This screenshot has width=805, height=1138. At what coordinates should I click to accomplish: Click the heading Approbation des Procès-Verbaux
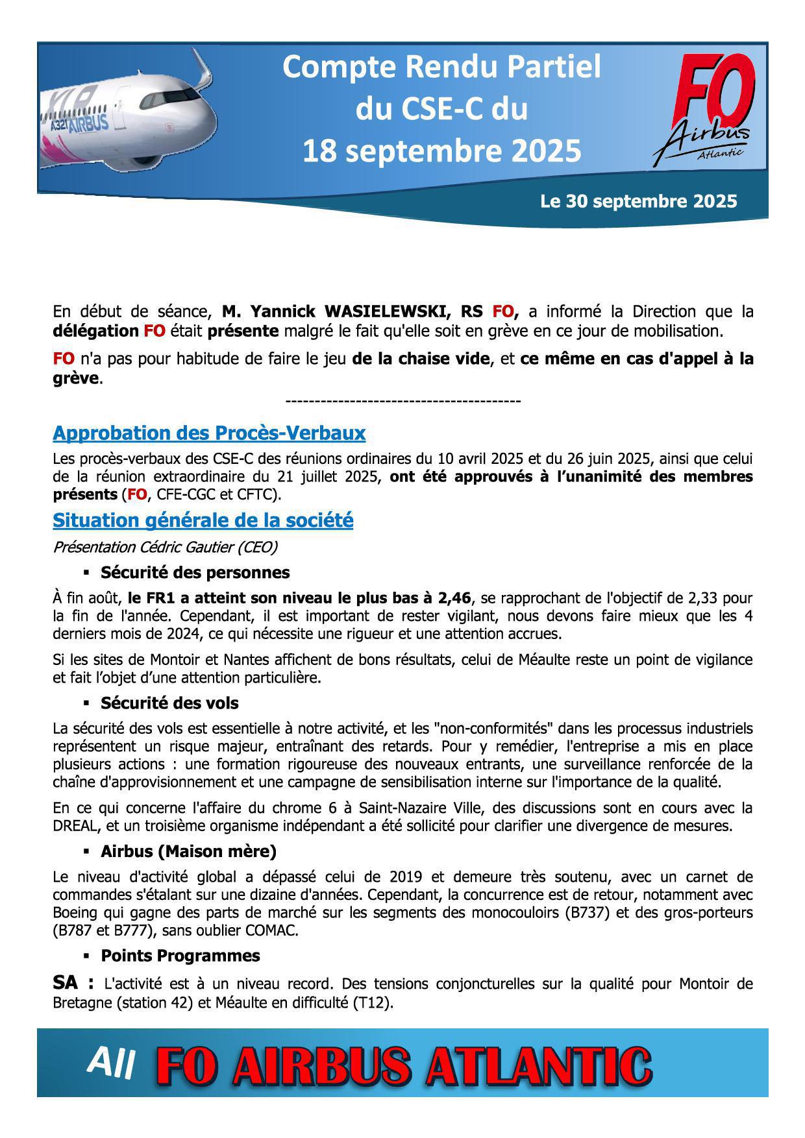click(209, 433)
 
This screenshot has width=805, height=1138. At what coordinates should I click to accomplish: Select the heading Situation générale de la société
click(203, 520)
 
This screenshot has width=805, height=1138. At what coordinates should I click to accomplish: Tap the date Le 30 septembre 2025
click(638, 201)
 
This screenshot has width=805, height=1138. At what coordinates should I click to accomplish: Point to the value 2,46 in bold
click(459, 598)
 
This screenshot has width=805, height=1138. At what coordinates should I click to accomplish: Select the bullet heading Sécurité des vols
click(169, 703)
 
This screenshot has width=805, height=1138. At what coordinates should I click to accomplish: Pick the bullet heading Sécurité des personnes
click(195, 573)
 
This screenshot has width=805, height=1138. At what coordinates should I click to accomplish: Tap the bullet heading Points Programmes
click(180, 956)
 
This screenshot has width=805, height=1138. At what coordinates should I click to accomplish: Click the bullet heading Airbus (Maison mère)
click(188, 851)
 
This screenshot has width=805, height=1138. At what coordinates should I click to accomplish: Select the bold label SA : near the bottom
click(73, 983)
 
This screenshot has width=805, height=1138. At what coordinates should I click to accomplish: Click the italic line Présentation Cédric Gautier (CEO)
click(165, 548)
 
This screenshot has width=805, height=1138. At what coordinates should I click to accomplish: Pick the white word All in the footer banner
click(111, 1063)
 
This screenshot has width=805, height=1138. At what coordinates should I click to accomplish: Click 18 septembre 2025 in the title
click(441, 151)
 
